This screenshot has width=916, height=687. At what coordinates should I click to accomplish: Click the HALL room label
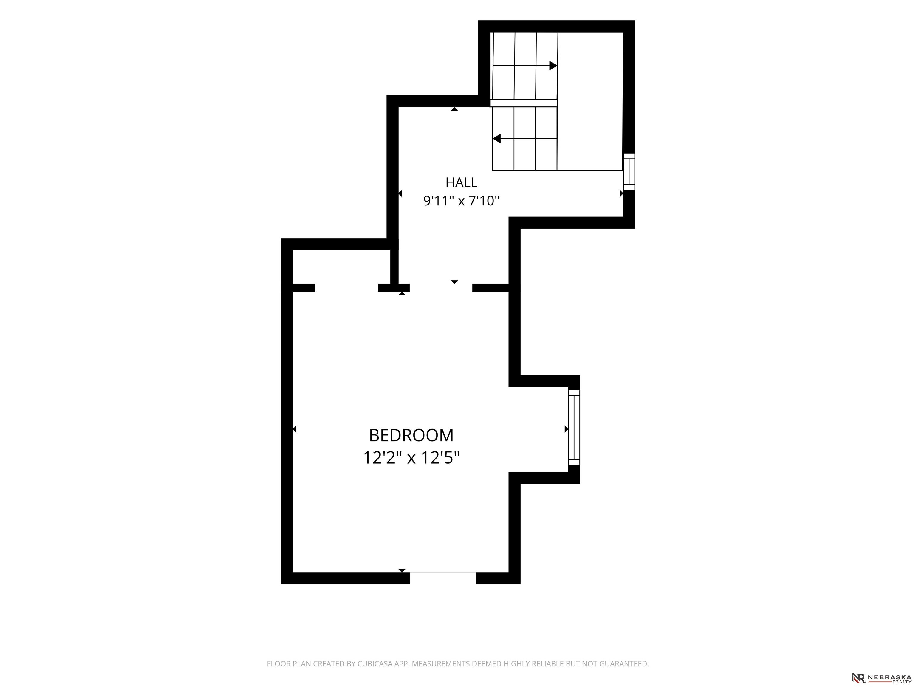[461, 182]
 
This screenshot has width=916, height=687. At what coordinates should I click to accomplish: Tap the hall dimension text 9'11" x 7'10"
[461, 201]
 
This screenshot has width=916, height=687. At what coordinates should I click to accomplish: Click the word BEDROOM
[411, 435]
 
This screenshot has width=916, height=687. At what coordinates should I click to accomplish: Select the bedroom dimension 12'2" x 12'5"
[411, 458]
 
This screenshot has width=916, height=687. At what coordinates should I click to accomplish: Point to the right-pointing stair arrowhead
[553, 65]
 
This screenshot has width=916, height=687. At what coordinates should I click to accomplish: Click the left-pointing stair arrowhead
[496, 139]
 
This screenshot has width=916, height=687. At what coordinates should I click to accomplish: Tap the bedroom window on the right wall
[574, 427]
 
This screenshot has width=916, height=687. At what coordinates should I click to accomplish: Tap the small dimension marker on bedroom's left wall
[294, 429]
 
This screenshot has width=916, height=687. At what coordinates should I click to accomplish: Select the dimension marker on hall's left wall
[400, 194]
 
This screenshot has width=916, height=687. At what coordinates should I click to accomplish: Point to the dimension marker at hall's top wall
[454, 109]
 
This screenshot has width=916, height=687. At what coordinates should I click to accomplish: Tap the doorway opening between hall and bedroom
[441, 288]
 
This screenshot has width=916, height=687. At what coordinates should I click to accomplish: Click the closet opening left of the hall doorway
[346, 288]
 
